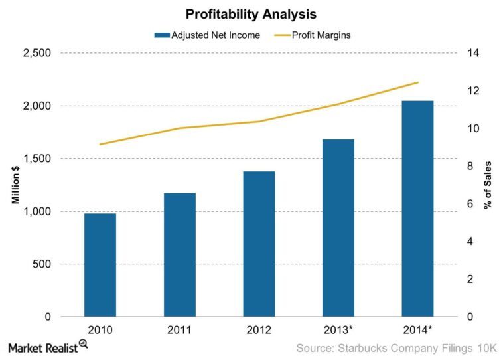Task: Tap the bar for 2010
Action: (100, 265)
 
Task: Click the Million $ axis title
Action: (15, 185)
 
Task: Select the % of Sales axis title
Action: (488, 185)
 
